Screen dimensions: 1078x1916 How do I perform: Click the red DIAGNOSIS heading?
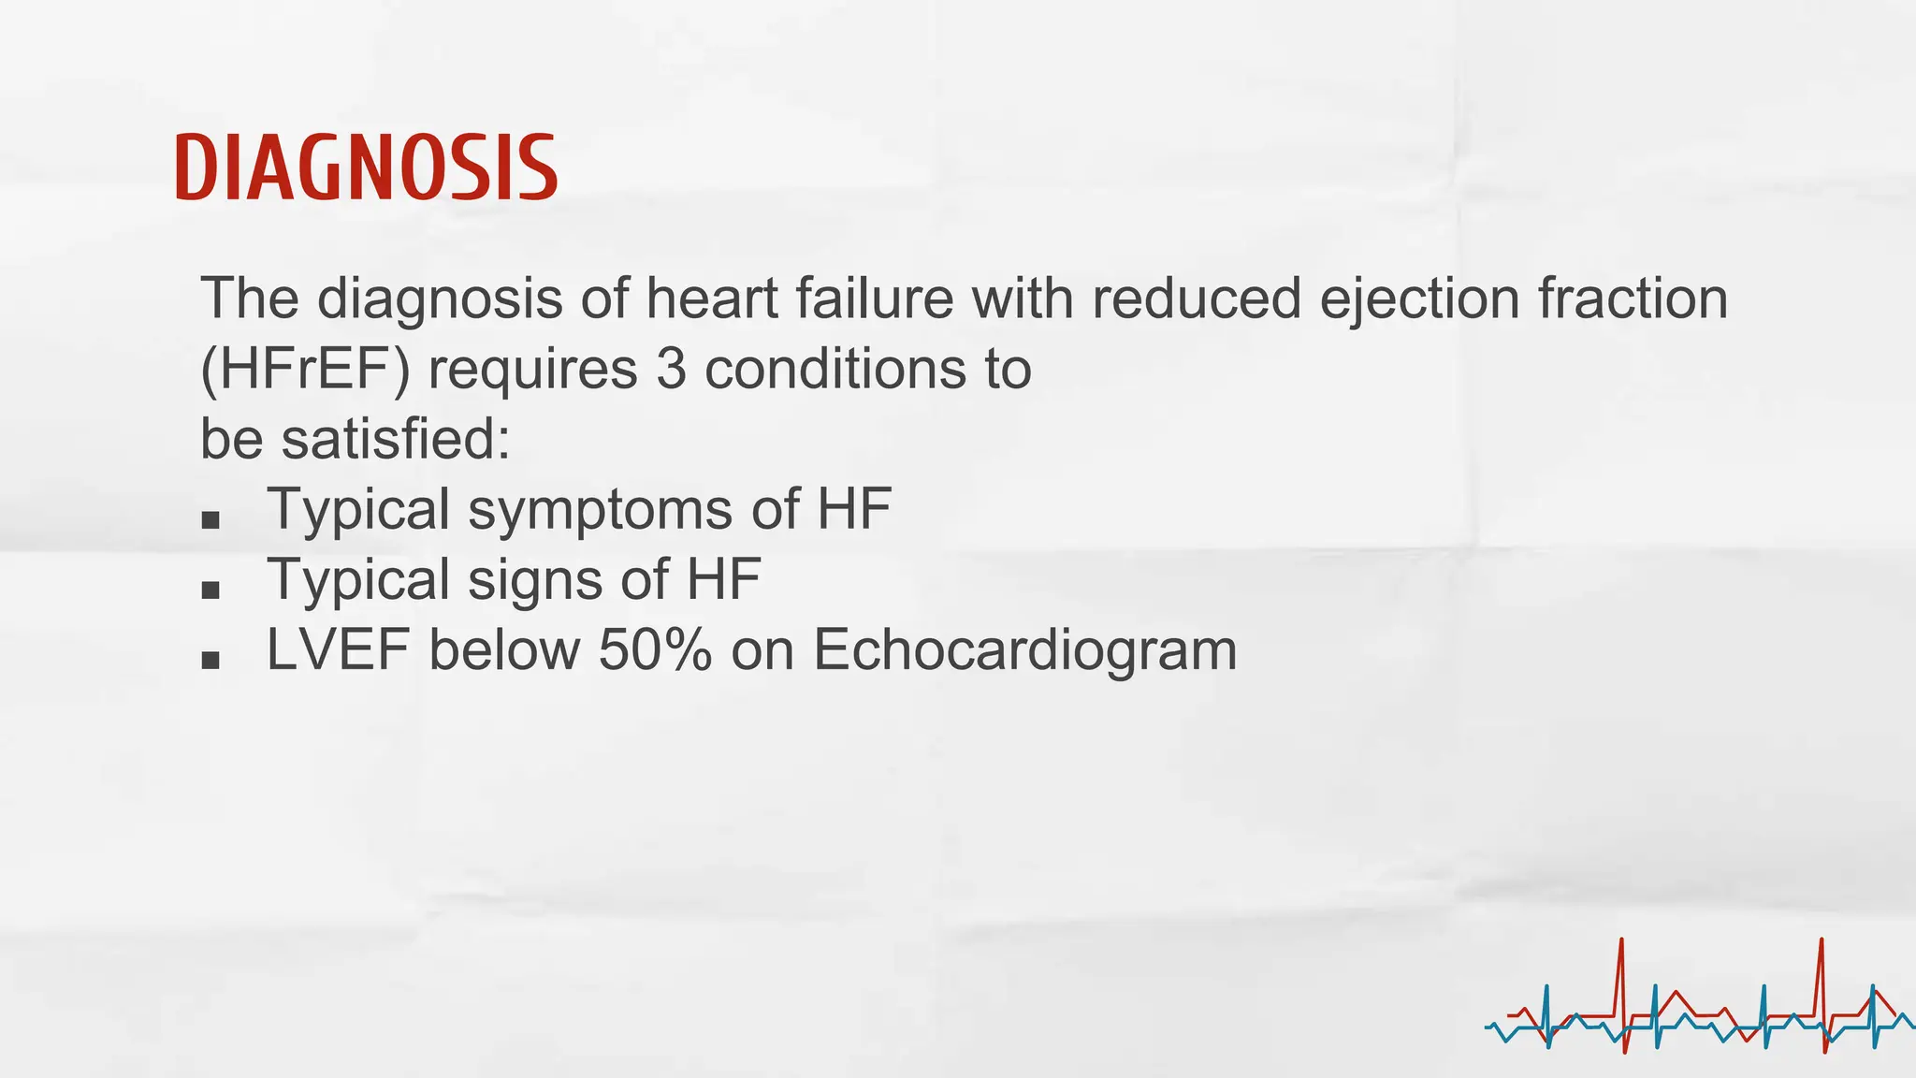point(366,168)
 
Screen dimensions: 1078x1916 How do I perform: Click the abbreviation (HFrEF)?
point(305,369)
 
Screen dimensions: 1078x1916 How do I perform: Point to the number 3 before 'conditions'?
point(671,369)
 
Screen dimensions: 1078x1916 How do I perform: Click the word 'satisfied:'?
point(396,439)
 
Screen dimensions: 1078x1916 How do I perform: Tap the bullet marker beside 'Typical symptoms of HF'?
point(210,519)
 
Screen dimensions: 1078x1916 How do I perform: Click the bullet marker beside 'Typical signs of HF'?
point(210,590)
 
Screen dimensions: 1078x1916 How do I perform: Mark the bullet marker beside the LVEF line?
point(210,660)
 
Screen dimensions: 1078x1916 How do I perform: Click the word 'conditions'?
point(835,369)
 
